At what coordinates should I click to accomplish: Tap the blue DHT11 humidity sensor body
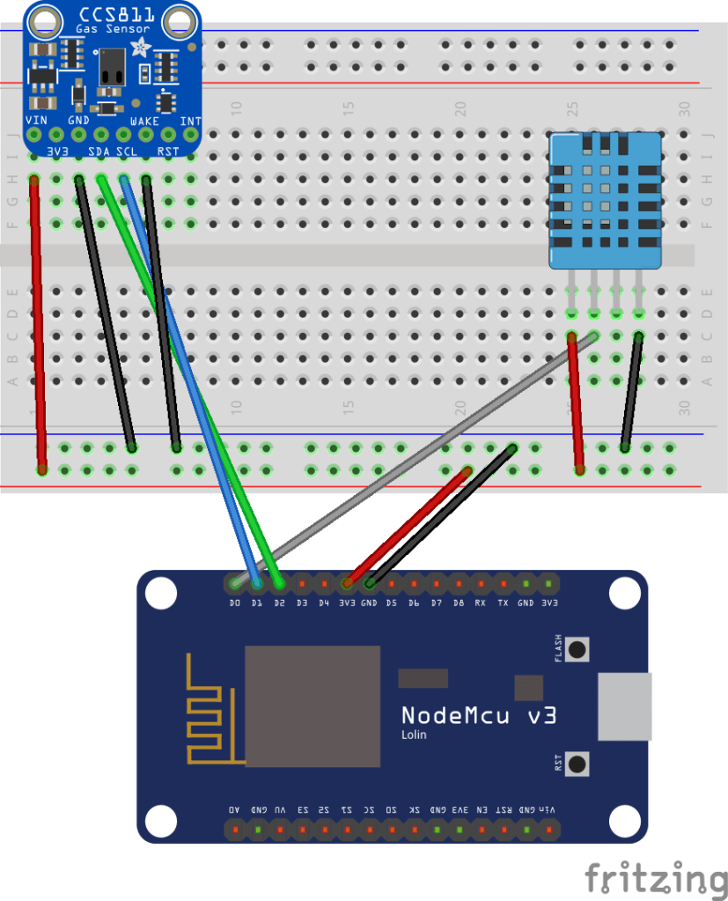click(605, 201)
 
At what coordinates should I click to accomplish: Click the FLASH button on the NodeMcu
click(577, 650)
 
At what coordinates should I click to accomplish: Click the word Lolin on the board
click(415, 735)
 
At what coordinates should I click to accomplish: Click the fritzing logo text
click(656, 878)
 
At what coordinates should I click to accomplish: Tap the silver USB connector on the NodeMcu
click(625, 706)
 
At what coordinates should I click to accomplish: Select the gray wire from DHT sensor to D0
click(414, 458)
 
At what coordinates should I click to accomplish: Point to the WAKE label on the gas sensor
click(144, 121)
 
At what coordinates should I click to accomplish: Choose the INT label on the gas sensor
click(190, 121)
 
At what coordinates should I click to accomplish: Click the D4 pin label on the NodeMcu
click(324, 603)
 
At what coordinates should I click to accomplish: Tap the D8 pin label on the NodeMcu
click(458, 603)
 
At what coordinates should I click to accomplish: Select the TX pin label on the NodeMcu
click(503, 603)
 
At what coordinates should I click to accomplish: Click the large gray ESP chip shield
click(312, 705)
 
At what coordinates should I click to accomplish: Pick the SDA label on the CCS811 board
click(99, 152)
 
